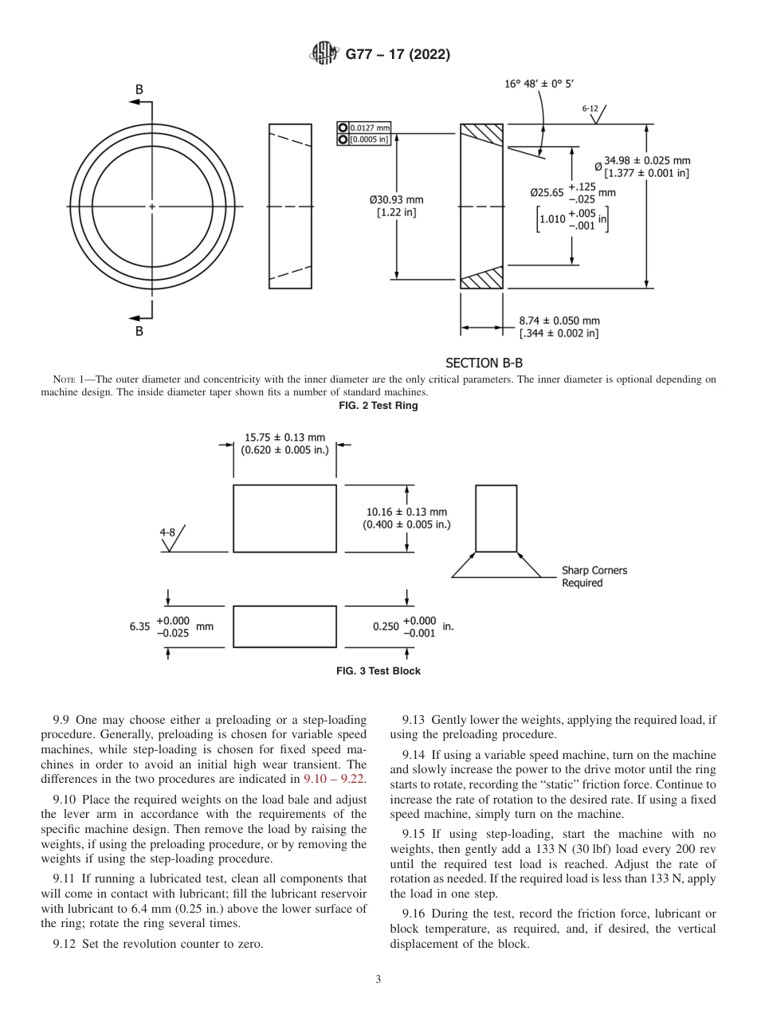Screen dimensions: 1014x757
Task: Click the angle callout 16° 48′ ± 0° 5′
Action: [x=539, y=84]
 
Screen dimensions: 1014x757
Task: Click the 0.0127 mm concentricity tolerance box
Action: [x=364, y=128]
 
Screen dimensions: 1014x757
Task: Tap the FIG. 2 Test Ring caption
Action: [x=378, y=406]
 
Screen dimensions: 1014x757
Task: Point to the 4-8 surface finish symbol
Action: [x=173, y=538]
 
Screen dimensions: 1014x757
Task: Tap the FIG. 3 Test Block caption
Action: [x=378, y=671]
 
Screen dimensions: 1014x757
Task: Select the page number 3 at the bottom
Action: [x=378, y=980]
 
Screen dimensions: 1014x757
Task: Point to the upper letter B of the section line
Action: [x=139, y=90]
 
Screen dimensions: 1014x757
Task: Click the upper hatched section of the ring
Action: [x=482, y=136]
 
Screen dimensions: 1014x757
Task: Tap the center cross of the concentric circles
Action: [x=152, y=206]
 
